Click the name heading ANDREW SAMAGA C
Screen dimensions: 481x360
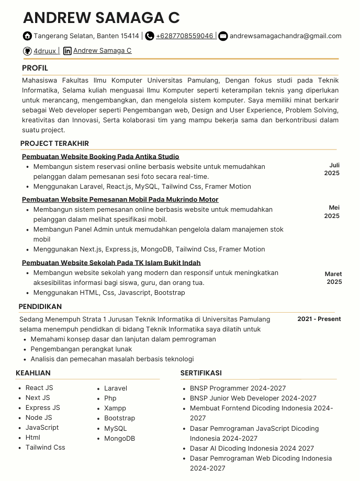pos(101,18)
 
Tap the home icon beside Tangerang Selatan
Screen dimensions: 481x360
pos(27,36)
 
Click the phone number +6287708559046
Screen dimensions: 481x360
pos(184,36)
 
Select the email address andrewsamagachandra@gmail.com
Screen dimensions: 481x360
pos(285,36)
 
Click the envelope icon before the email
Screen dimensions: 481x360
pos(223,36)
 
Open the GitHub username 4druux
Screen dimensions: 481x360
pos(44,51)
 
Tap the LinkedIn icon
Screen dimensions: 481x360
pos(67,51)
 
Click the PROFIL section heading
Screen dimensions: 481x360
pos(35,68)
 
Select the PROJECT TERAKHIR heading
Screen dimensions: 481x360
pos(54,143)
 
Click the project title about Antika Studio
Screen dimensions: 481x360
pos(100,156)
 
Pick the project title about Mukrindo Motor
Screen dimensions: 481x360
pos(120,199)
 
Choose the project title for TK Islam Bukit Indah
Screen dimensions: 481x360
pos(111,262)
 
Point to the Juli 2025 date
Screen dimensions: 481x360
pos(332,169)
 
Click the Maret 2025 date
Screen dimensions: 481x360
pos(333,278)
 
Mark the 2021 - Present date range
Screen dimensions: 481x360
pos(319,319)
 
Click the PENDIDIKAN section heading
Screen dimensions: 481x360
pos(40,306)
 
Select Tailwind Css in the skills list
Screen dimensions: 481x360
pos(45,448)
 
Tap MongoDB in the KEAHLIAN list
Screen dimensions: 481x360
pos(119,439)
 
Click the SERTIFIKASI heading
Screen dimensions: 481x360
pos(201,373)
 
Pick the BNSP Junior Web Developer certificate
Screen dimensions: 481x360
pos(253,398)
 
